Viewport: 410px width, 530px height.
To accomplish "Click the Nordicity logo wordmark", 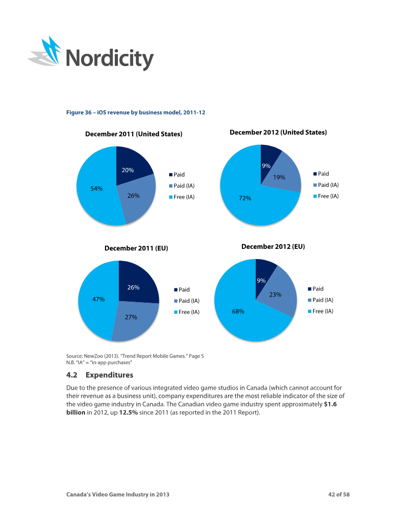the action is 110,59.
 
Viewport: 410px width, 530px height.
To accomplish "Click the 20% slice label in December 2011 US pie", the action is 128,170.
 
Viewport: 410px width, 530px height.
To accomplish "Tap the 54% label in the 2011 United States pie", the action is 96,188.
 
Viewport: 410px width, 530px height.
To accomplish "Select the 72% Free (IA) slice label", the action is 245,198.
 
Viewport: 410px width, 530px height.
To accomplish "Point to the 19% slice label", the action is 279,177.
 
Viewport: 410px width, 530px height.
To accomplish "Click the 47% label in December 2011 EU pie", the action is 98,299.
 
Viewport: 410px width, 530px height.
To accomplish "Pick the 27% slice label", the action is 131,317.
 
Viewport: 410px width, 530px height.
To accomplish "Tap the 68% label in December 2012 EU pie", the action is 238,311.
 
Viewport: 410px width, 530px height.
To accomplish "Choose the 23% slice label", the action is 275,295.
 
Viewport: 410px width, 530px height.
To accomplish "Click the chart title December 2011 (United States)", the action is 134,134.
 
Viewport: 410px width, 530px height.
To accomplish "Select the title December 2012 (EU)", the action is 273,246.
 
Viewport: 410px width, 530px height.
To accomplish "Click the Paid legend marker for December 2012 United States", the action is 315,174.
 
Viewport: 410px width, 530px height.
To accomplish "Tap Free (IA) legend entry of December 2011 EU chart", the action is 187,312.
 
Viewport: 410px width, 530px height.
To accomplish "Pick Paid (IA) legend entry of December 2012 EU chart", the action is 320,300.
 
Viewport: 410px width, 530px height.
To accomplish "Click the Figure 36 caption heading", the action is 136,112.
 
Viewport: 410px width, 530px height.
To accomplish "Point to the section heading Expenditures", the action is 109,375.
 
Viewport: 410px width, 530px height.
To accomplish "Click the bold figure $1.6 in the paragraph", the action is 330,404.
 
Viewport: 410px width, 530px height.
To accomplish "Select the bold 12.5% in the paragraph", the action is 129,412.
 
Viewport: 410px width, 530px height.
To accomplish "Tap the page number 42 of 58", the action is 339,494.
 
